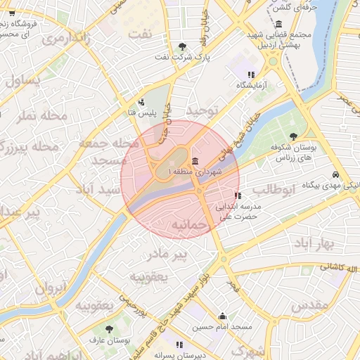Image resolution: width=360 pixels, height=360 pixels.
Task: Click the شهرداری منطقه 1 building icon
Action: tap(195, 161)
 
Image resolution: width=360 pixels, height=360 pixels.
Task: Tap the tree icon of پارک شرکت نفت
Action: tap(182, 46)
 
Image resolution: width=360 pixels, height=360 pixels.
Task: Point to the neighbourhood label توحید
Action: tap(203, 111)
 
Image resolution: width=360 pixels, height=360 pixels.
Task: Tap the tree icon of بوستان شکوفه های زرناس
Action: tap(293, 137)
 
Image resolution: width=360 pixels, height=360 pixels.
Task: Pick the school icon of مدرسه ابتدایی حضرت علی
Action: tap(238, 195)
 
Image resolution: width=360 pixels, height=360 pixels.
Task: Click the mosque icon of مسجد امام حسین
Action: tap(223, 316)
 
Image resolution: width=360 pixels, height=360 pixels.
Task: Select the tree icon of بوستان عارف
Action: tap(109, 328)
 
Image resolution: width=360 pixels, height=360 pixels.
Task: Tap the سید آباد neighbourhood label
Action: tap(98, 190)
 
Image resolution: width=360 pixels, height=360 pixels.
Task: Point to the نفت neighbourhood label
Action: tap(145, 33)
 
